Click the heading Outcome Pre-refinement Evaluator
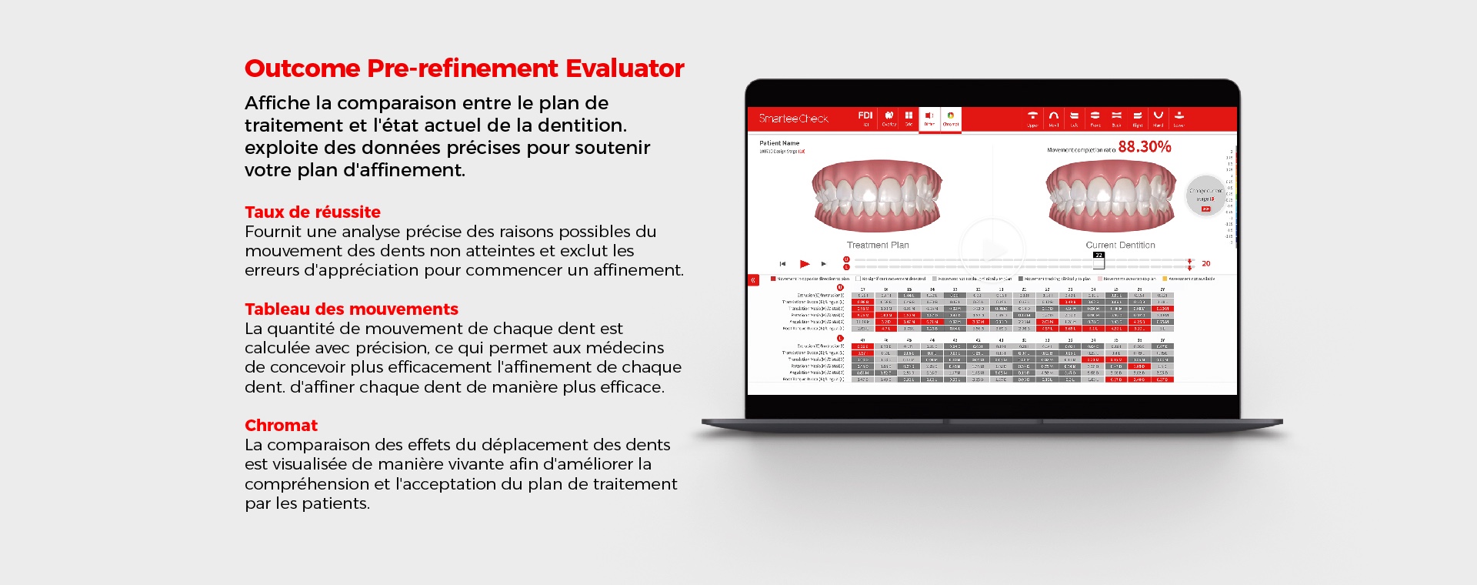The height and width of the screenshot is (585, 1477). tap(464, 69)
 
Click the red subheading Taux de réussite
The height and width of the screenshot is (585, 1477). tap(312, 212)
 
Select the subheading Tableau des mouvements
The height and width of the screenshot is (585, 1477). tap(351, 309)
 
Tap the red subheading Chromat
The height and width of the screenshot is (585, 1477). tap(281, 425)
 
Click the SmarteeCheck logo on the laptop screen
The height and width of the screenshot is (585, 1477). tap(793, 119)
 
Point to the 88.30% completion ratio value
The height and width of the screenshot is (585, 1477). tap(1144, 146)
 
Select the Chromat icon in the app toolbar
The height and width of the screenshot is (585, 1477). tap(951, 119)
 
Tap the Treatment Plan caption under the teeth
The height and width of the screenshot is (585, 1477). tap(878, 245)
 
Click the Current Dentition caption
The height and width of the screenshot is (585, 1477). tap(1120, 245)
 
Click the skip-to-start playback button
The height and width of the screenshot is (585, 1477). tap(782, 264)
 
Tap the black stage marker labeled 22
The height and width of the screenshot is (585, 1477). tap(1099, 256)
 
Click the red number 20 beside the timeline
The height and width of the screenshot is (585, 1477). tap(1205, 264)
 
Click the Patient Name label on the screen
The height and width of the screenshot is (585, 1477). tap(779, 143)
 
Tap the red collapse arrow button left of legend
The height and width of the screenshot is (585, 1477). tap(753, 280)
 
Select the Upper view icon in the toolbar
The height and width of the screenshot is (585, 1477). tap(1032, 119)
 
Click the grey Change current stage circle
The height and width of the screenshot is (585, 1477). tap(1205, 196)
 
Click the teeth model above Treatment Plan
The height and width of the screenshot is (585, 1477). tap(877, 196)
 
